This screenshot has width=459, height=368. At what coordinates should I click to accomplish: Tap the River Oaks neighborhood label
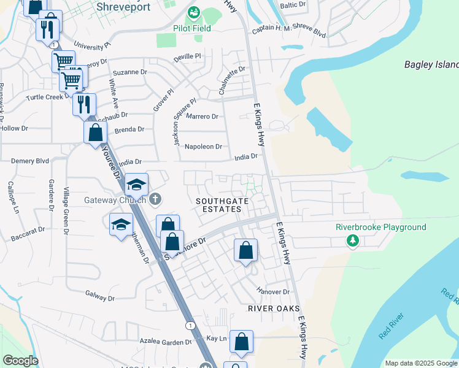[x=274, y=308]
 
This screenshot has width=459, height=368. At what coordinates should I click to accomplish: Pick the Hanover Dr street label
[x=273, y=292]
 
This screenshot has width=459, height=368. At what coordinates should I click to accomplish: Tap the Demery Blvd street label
[x=30, y=161]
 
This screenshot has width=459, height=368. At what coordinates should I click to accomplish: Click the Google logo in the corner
[x=20, y=361]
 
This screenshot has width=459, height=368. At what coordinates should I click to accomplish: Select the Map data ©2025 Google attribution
[x=421, y=363]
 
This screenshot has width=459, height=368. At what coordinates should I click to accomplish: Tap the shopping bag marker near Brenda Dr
[x=96, y=132]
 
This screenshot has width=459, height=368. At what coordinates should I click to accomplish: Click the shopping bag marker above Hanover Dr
[x=245, y=250]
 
